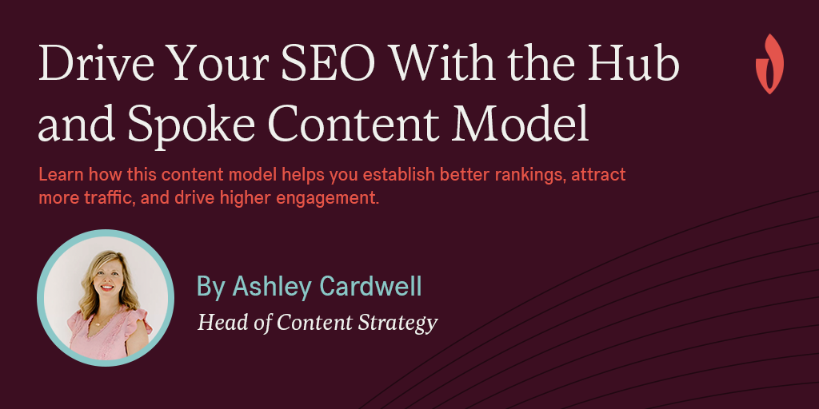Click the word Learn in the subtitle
59,174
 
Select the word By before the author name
211,288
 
